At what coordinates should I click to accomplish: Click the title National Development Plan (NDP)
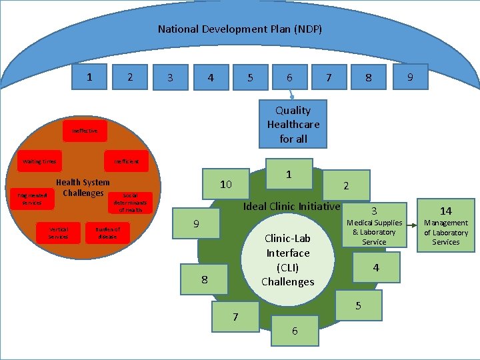click(240, 29)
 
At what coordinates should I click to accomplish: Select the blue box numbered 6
click(289, 77)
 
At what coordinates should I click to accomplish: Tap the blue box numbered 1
click(90, 77)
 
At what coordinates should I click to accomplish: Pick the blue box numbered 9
click(409, 77)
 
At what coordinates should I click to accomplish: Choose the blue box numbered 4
click(210, 77)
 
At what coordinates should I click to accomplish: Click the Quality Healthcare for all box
click(293, 125)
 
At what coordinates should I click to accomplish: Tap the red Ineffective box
click(85, 131)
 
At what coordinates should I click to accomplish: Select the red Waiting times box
click(39, 161)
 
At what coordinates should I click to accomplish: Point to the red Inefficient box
click(126, 161)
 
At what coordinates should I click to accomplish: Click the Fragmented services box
click(31, 199)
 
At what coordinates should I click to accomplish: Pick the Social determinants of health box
click(130, 203)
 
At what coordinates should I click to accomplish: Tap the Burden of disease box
click(107, 232)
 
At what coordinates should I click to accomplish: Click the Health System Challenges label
click(83, 187)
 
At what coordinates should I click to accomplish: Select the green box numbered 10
click(225, 184)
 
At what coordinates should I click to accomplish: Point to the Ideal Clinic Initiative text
click(291, 206)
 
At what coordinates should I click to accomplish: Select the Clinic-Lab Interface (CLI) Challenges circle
click(287, 260)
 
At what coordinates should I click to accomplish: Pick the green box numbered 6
click(295, 331)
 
